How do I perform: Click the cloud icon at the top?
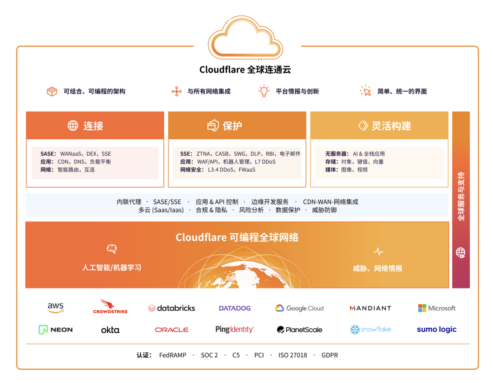(245, 38)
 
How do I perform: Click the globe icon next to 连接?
(73, 126)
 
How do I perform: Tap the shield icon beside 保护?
(213, 126)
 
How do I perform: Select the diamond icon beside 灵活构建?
(363, 126)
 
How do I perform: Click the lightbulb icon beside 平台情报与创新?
(264, 91)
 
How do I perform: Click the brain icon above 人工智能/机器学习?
(112, 249)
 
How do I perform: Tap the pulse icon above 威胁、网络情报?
(378, 252)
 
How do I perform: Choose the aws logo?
(56, 308)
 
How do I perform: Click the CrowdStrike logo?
(110, 306)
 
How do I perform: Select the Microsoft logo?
(437, 308)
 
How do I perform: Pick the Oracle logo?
(172, 330)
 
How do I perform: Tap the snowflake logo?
(371, 329)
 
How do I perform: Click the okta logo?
(110, 330)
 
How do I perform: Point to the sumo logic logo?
(437, 330)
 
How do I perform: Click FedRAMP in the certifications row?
(173, 355)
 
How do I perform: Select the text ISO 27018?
(293, 355)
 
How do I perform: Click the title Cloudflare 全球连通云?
(245, 69)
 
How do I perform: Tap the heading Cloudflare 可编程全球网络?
(237, 237)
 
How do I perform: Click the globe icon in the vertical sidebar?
(461, 252)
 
